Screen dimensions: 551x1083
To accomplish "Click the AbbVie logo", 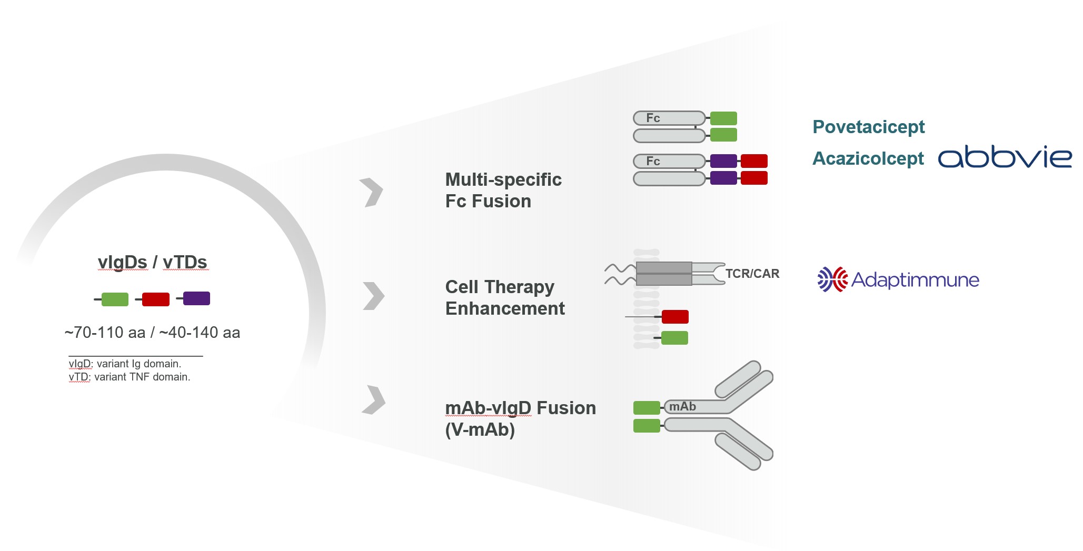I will [x=1005, y=157].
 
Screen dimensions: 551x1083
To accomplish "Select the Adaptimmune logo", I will [x=898, y=279].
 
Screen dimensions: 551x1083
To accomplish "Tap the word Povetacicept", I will [x=868, y=127].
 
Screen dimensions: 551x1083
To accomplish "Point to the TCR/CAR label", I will [x=752, y=274].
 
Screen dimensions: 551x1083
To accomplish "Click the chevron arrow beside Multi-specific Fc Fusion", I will [x=372, y=192].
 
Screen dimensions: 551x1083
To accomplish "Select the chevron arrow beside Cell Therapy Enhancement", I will [x=374, y=296].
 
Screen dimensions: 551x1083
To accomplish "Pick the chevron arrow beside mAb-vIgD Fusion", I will [x=374, y=400].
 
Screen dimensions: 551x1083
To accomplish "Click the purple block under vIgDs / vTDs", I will [x=196, y=298].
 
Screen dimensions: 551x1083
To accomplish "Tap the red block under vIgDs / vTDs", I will [x=156, y=299].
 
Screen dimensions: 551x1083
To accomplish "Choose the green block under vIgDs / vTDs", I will [x=115, y=299].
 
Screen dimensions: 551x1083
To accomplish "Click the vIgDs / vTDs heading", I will [x=152, y=262].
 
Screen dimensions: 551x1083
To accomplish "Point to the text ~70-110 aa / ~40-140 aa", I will [x=152, y=333].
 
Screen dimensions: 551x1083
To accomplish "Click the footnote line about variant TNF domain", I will [x=130, y=377].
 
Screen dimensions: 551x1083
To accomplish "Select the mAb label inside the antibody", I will [x=682, y=407].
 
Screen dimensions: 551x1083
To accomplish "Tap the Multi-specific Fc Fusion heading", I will [x=503, y=190].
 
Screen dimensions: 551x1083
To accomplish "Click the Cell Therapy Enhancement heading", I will [x=505, y=297].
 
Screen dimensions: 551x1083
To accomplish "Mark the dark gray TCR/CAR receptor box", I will [x=664, y=274].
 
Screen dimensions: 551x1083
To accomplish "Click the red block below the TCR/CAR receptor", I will [x=675, y=317].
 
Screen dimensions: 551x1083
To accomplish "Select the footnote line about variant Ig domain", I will [x=125, y=364].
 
